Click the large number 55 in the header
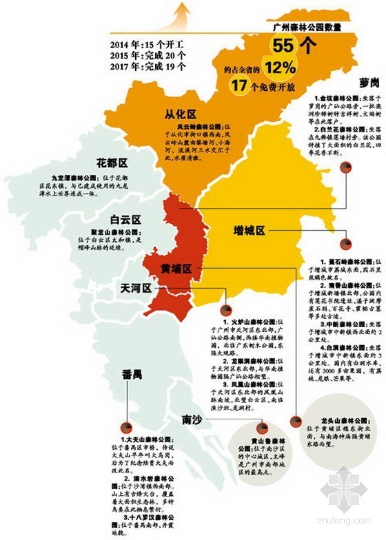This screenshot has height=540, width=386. pyautogui.click(x=285, y=47)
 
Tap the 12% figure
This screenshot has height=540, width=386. pyautogui.click(x=280, y=67)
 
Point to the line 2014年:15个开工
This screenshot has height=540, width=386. pyautogui.click(x=147, y=45)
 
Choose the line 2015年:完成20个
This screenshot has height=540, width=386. pyautogui.click(x=147, y=56)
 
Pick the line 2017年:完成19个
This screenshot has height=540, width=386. pyautogui.click(x=147, y=67)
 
